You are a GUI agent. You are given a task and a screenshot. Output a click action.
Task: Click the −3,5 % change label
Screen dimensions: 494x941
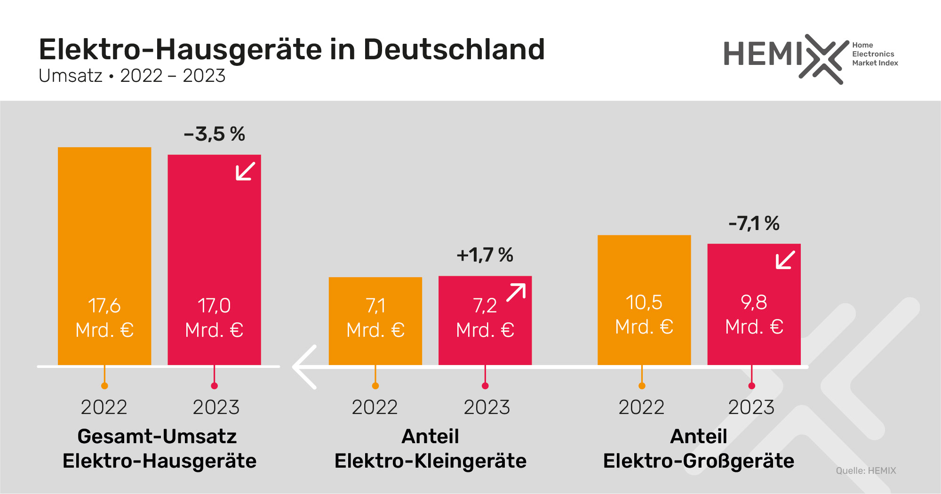[x=215, y=134]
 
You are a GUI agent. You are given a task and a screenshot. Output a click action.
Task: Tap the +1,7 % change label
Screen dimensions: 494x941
[x=485, y=255]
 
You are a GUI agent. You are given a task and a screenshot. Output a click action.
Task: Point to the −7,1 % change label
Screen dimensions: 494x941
[x=754, y=223]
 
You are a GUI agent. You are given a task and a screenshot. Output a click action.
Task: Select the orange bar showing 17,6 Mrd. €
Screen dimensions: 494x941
[x=104, y=235]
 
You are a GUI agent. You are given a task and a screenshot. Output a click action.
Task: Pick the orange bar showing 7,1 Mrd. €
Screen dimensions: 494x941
[x=375, y=320]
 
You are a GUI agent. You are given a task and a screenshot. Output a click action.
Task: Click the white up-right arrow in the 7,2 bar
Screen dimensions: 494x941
[x=516, y=293]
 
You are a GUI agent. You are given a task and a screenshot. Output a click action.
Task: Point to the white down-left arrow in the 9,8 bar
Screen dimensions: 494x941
[x=785, y=260]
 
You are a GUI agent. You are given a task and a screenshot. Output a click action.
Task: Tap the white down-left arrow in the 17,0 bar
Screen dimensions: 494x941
[x=245, y=171]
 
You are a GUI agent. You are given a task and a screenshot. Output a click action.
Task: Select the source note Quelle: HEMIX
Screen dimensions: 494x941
[x=866, y=470]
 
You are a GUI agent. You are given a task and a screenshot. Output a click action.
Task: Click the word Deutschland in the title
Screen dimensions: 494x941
[x=454, y=49]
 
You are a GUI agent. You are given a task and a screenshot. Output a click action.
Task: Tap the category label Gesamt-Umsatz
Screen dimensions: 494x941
[x=157, y=436]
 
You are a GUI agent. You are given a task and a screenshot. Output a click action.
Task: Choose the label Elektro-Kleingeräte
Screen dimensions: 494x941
[x=430, y=461]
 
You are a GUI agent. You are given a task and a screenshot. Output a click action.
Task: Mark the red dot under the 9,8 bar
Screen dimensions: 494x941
[x=752, y=386]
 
